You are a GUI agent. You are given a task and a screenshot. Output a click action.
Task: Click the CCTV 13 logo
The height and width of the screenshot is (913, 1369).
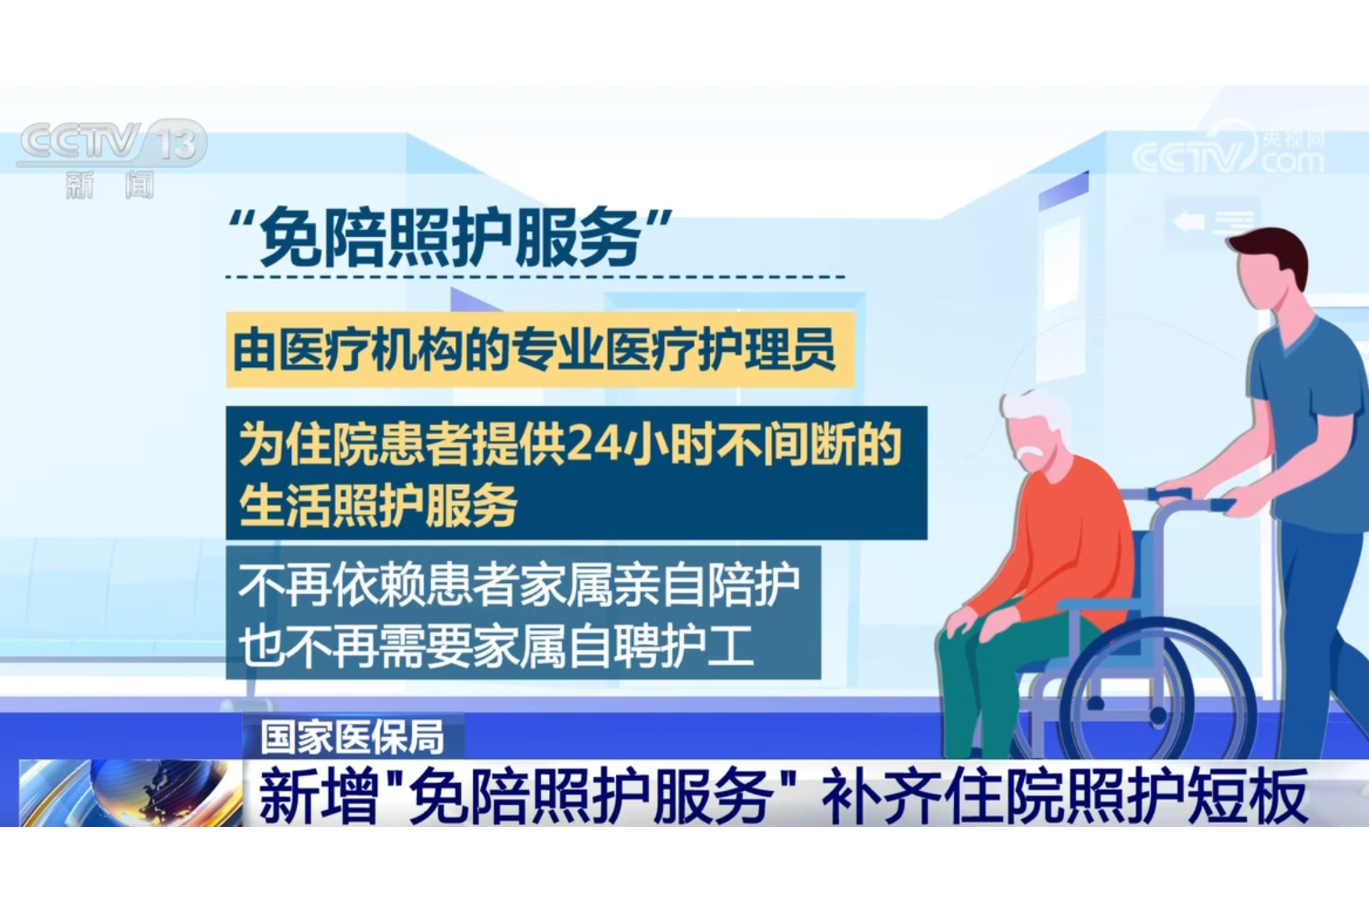(x=111, y=146)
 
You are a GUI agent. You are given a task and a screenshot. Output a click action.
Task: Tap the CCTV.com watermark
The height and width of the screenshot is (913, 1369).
(x=1228, y=152)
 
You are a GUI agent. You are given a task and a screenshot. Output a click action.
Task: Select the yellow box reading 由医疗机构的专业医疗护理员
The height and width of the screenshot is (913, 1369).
(x=539, y=350)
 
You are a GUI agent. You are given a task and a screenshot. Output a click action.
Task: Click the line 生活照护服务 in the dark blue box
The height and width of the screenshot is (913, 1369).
(x=378, y=505)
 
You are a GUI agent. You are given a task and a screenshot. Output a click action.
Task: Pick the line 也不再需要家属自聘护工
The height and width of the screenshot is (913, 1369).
(x=496, y=647)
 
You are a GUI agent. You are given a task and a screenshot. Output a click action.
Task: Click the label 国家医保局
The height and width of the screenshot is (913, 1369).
(x=353, y=736)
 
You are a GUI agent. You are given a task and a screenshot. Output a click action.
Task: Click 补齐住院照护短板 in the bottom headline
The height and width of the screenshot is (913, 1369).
(x=1064, y=796)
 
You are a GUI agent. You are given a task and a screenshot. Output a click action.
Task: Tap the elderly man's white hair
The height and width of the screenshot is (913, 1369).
(x=1032, y=411)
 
